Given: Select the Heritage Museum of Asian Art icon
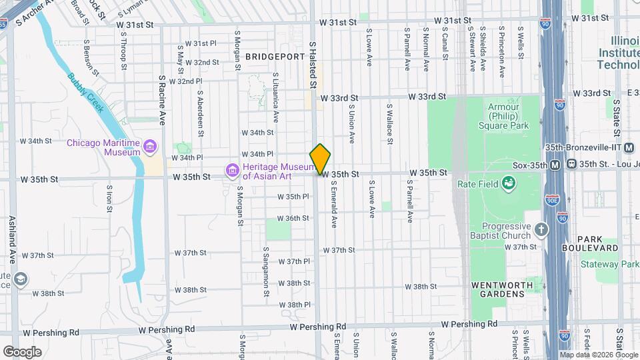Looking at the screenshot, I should pyautogui.click(x=232, y=171).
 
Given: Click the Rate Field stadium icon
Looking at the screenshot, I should pyautogui.click(x=509, y=183).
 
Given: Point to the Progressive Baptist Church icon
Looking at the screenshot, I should pyautogui.click(x=541, y=230).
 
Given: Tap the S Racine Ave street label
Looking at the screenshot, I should pyautogui.click(x=161, y=100).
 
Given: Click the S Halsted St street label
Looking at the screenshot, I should pyautogui.click(x=311, y=63).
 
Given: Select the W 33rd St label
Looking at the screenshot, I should pyautogui.click(x=343, y=97).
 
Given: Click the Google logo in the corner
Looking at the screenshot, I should pyautogui.click(x=22, y=351).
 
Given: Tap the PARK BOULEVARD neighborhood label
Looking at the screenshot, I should pyautogui.click(x=598, y=243).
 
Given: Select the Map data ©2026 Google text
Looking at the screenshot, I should pyautogui.click(x=598, y=355).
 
